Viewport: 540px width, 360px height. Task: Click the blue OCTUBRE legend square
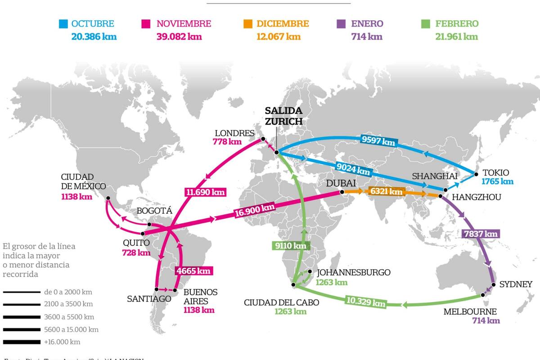point(63,24)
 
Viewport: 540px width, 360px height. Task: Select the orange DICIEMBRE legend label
point(283,24)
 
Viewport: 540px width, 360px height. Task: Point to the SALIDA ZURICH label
point(283,116)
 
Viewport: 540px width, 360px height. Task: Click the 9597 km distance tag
point(378,140)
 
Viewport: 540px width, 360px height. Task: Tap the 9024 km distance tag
point(353,169)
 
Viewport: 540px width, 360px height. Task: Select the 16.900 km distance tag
point(254,210)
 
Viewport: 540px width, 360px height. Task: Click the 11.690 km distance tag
point(205,192)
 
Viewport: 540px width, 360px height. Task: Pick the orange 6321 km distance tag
point(386,191)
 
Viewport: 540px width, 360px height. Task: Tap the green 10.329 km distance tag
point(366,301)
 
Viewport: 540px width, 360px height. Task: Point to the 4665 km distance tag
point(193,271)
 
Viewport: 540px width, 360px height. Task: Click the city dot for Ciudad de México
point(108,198)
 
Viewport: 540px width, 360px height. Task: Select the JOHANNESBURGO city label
point(354,272)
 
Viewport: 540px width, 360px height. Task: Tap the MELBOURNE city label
point(470,311)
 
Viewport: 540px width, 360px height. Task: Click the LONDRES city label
point(234,133)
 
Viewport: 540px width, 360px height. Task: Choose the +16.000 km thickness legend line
point(21,342)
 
